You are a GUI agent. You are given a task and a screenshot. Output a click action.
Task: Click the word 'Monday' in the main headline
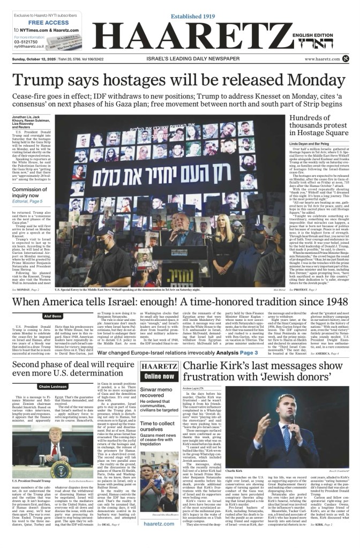[x=287, y=79]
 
